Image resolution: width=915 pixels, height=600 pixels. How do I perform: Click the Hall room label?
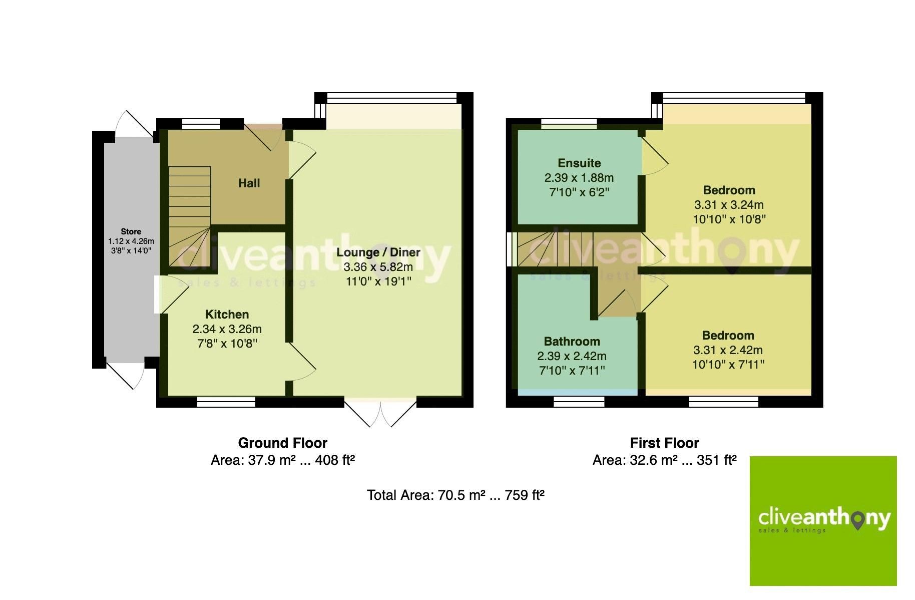249,183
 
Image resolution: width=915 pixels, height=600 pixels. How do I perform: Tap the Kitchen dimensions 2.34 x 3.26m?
227,329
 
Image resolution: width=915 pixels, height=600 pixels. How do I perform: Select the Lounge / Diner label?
378,252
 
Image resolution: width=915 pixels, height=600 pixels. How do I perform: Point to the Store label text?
131,231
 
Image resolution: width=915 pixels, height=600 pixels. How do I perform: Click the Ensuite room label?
579,163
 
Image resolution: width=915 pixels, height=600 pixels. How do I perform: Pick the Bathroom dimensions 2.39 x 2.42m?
572,356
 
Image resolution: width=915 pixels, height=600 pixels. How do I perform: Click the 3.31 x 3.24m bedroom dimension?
728,205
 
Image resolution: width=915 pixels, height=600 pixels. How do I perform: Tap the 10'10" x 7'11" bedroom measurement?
728,365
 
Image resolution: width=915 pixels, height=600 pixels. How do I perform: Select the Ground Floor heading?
282,443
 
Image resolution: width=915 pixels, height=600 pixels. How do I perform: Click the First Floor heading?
664,443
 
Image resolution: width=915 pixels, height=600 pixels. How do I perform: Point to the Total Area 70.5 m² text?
455,495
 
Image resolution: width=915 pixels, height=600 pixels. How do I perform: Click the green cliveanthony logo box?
823,520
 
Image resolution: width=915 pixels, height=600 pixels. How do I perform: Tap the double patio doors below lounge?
380,412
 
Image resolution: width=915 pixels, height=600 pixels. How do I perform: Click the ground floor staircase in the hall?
189,215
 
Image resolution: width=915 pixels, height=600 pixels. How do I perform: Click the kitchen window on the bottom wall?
226,401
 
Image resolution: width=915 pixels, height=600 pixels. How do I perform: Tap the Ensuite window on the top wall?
569,123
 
